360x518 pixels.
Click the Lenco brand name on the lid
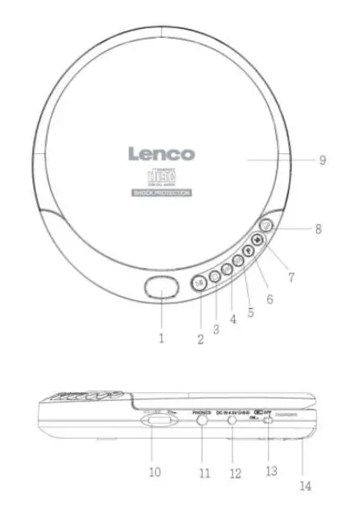[x=161, y=153]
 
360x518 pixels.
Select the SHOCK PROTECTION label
[x=161, y=194]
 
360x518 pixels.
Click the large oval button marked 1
[x=161, y=288]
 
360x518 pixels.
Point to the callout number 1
[x=161, y=339]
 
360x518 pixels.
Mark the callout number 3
[x=216, y=328]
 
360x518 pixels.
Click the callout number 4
[x=232, y=319]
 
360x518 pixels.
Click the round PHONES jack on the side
[x=200, y=422]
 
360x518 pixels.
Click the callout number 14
[x=306, y=487]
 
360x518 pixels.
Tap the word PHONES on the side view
[x=202, y=411]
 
